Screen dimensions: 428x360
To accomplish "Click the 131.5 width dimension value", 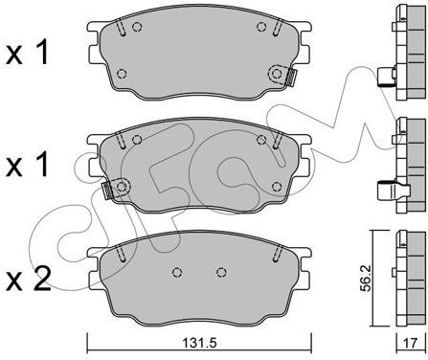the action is coord(199,343).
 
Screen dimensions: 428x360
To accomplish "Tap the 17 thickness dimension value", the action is coord(411,343).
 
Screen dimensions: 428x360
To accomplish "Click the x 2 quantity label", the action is coord(29,280).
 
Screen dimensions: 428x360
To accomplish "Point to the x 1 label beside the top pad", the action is coord(28,52).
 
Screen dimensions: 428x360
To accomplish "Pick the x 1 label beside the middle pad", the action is coord(28,164).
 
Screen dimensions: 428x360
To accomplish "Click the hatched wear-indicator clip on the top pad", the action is coord(291,78).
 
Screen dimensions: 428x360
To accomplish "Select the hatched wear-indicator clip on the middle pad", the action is coord(107,191).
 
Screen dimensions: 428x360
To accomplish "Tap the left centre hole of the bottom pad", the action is coord(177,272).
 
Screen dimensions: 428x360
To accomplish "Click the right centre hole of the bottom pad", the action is coord(221,272).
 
